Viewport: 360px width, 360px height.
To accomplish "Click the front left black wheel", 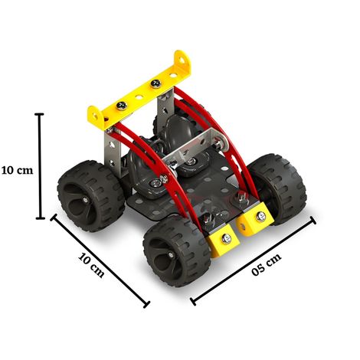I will pyautogui.click(x=175, y=249).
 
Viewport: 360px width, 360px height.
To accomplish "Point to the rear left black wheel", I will pyautogui.click(x=90, y=195).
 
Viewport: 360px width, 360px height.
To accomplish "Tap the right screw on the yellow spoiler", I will pyautogui.click(x=156, y=82).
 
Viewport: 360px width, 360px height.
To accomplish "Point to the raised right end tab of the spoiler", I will pyautogui.click(x=182, y=61).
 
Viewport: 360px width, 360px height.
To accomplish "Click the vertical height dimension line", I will pyautogui.click(x=41, y=167).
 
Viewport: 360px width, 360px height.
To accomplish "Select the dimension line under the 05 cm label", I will pyautogui.click(x=253, y=257).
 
